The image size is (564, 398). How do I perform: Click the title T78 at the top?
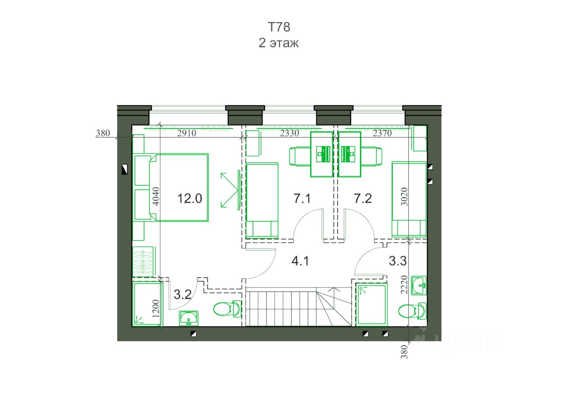[x=279, y=27]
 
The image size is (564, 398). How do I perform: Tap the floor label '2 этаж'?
[x=278, y=43]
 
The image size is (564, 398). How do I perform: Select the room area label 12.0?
[x=189, y=199]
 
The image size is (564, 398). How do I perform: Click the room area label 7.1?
[x=302, y=199]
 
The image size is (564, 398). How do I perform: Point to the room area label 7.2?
[x=363, y=199]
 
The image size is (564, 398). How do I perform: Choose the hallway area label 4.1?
[x=300, y=261]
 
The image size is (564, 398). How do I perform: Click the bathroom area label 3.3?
[x=398, y=261]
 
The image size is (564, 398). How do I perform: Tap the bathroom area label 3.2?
[x=182, y=295]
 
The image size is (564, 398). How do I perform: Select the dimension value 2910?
[x=186, y=133]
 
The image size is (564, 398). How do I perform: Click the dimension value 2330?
[x=289, y=133]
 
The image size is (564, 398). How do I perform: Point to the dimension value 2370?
[x=382, y=133]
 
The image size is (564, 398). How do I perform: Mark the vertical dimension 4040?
[x=156, y=196]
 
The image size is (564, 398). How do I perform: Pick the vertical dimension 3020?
[x=404, y=196]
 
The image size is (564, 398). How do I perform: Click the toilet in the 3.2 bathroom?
[x=227, y=309]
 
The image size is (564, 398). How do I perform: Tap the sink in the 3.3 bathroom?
[x=419, y=285]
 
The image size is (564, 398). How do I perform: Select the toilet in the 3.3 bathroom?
[x=412, y=311]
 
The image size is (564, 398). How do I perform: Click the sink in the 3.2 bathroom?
[x=189, y=318]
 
